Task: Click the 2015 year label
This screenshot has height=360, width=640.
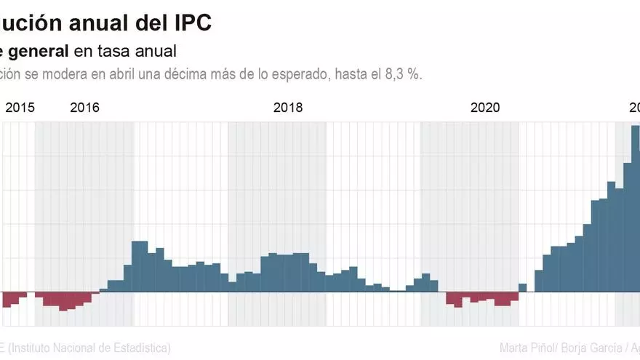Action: pyautogui.click(x=20, y=108)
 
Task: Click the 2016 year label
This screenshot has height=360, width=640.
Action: pyautogui.click(x=85, y=108)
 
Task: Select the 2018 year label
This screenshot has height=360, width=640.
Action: pyautogui.click(x=288, y=108)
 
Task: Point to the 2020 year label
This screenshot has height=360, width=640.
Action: pyautogui.click(x=485, y=108)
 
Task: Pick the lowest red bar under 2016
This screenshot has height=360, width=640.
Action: pyautogui.click(x=63, y=301)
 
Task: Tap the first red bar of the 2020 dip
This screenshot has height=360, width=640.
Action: pyautogui.click(x=450, y=298)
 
